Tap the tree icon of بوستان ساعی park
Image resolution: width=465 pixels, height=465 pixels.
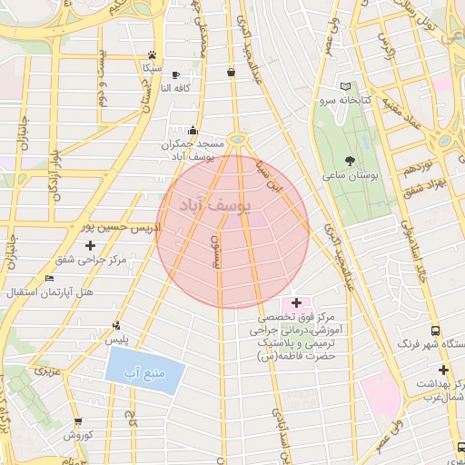coord(351,160)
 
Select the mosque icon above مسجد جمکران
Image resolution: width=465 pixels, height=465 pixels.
coord(192,131)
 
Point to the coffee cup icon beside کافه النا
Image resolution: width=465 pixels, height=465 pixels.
coord(175,74)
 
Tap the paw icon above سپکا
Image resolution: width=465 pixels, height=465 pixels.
coord(152,54)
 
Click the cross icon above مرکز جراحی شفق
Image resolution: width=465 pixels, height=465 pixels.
coord(90,245)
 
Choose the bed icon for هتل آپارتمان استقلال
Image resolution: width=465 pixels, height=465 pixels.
coord(49,278)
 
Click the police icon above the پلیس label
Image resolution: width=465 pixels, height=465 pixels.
coord(115,325)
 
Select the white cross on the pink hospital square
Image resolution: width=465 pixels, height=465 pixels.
coord(296,302)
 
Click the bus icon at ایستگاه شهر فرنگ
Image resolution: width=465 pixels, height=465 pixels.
coord(436,331)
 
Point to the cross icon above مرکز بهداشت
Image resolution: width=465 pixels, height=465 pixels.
coord(442,370)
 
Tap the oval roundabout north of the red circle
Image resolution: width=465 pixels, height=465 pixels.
coord(239,139)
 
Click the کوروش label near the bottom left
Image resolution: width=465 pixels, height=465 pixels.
coord(79,435)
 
